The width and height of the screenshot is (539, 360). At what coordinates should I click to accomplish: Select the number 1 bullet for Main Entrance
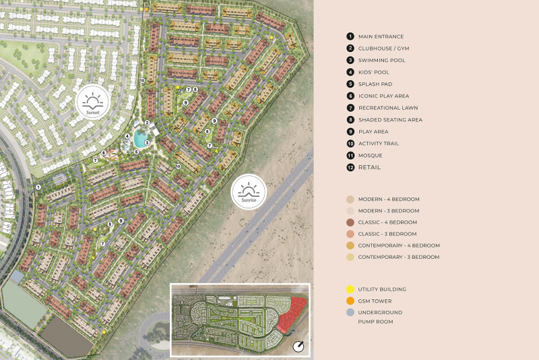coord(350,36)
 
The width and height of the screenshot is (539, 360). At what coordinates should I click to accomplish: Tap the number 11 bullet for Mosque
coord(350,155)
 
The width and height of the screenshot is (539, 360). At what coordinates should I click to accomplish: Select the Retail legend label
coord(369,167)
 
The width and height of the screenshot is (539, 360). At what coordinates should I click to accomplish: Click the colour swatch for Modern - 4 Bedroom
coord(350,200)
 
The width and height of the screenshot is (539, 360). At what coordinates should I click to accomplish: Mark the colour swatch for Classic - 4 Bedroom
coord(350,222)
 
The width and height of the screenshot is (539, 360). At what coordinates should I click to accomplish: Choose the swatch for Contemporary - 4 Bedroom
coord(350,245)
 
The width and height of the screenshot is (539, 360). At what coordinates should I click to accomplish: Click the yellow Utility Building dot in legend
coord(350,289)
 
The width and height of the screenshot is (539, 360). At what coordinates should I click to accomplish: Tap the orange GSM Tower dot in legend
coord(350,301)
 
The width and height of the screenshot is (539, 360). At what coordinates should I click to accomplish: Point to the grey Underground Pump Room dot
coord(350,313)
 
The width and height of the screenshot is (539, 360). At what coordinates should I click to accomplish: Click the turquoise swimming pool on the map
coord(140,140)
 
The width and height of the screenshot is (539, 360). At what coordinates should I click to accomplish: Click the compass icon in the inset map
coord(298,347)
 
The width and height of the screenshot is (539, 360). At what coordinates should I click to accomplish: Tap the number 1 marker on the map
coord(38,187)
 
